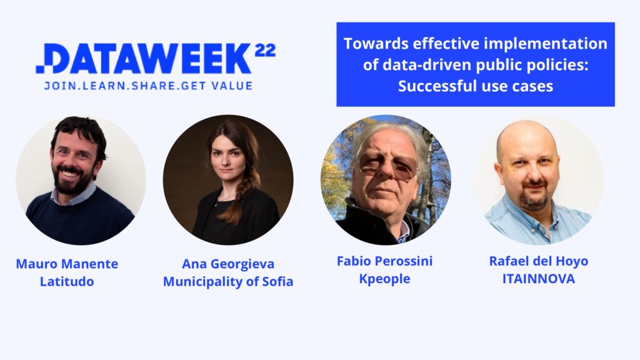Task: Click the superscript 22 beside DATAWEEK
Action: coord(265,50)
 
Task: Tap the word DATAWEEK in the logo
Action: coord(147,58)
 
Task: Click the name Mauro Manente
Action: coord(67,264)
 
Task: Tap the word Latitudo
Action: coord(67,281)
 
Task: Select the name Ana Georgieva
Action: coord(228,264)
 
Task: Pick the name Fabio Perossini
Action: coord(384,261)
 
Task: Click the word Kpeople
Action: coord(384,279)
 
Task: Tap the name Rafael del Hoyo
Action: coord(539,261)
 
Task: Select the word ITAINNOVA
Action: coord(539,279)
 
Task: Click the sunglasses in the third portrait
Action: coord(387,166)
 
